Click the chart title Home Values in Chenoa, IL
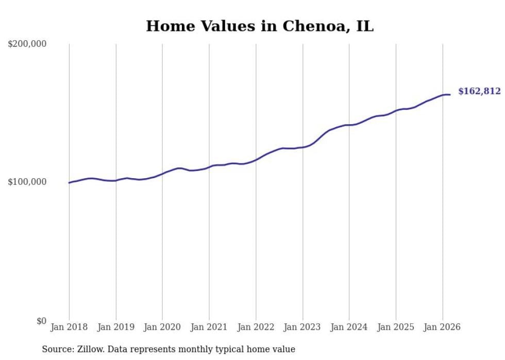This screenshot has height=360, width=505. click(x=260, y=26)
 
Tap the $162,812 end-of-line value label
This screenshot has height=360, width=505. click(x=479, y=92)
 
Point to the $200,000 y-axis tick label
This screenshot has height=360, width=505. click(x=27, y=44)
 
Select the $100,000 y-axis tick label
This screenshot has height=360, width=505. click(x=27, y=182)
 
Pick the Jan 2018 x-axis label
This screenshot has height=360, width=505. click(x=69, y=327)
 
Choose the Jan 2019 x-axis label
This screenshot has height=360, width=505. click(x=116, y=327)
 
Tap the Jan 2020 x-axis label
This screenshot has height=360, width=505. click(x=162, y=327)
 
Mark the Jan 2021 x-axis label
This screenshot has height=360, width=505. click(x=209, y=327)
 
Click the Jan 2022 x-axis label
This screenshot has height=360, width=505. click(x=256, y=327)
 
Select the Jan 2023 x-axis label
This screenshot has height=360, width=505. click(x=302, y=327)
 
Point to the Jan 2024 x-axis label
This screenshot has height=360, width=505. click(x=349, y=327)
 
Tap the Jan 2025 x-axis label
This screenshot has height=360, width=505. click(x=396, y=327)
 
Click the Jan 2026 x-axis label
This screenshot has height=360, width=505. click(x=442, y=327)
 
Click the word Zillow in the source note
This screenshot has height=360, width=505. click(x=88, y=349)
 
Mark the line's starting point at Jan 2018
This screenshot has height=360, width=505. click(x=69, y=183)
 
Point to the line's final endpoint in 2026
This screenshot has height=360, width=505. click(x=450, y=94)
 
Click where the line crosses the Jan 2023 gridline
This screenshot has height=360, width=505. click(x=302, y=147)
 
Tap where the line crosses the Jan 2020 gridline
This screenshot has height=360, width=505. click(x=162, y=174)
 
